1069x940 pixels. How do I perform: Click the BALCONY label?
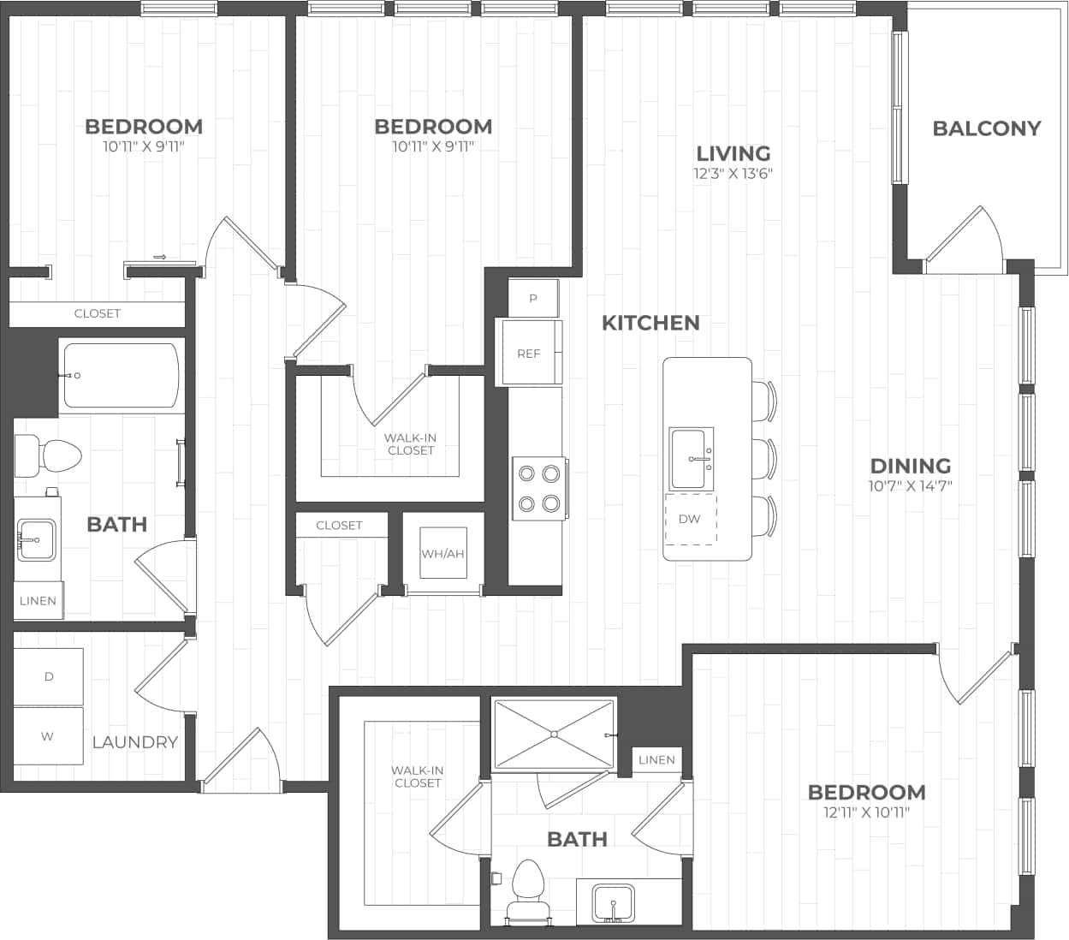[986, 128]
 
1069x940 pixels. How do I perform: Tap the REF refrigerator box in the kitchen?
[530, 353]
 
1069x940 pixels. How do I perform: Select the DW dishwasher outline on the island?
[691, 519]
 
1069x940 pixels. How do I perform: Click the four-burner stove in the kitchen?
[539, 488]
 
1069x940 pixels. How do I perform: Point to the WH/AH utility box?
[442, 553]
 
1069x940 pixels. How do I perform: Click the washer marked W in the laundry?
[48, 736]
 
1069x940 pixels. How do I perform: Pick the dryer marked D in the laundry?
[48, 676]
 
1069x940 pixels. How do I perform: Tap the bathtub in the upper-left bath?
[121, 375]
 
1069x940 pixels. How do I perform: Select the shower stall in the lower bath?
[555, 734]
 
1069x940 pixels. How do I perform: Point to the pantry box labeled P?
[533, 299]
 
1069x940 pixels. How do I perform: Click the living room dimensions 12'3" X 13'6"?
[733, 174]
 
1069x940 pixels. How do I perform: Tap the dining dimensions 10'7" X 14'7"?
[911, 485]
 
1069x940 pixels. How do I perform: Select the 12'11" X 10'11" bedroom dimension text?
[866, 812]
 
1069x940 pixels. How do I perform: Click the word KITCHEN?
[650, 323]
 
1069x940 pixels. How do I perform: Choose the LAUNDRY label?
[134, 742]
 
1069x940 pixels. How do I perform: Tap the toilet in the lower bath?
[526, 890]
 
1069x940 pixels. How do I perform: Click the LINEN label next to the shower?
[656, 759]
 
